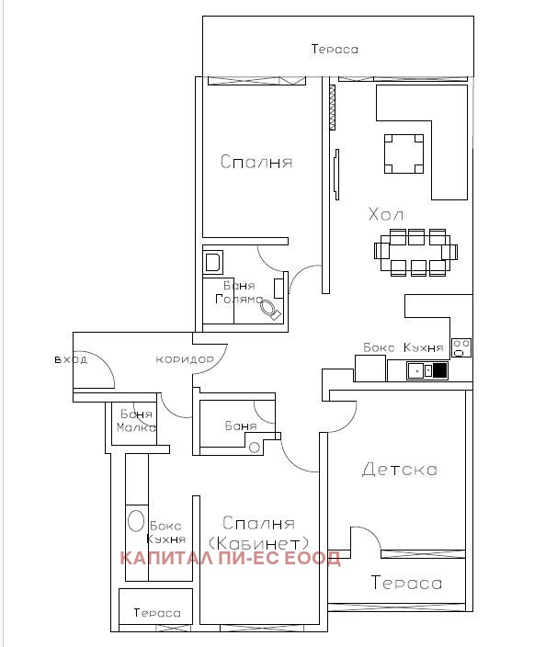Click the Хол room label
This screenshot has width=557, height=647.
(386, 214)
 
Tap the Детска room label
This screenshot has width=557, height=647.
(400, 469)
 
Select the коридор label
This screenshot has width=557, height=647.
(185, 359)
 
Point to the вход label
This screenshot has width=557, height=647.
(71, 359)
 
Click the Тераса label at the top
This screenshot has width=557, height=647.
(335, 49)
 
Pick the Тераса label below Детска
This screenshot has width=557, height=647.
(406, 583)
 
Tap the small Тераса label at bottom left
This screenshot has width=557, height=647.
(157, 613)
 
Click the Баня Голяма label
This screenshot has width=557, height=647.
(239, 292)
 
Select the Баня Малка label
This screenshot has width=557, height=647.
(137, 421)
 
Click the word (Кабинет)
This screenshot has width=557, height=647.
(258, 543)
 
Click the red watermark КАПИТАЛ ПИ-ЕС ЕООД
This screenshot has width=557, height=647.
(230, 558)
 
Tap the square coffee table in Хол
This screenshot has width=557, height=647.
(404, 153)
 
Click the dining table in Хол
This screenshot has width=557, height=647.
(415, 252)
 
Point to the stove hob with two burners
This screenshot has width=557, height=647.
(461, 347)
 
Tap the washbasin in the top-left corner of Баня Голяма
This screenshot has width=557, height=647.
(213, 262)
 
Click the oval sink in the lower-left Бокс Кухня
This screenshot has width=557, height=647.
(136, 521)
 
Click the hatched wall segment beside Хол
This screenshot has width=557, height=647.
(332, 108)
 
